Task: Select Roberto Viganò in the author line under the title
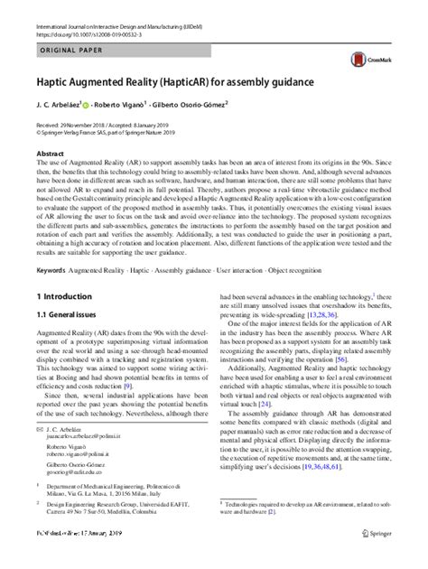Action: [x=130, y=104]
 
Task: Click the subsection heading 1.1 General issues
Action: [x=62, y=315]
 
